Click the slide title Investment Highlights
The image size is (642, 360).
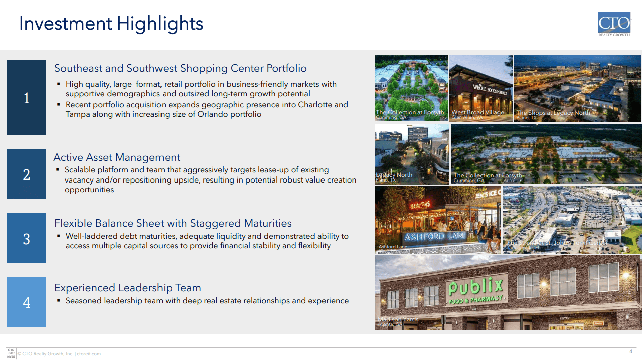111,24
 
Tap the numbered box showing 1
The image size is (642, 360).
26,98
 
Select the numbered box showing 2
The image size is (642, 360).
26,174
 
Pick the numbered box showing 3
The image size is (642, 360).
26,238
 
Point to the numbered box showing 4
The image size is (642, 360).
26,302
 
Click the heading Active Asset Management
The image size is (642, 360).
116,157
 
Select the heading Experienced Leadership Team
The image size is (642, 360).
127,288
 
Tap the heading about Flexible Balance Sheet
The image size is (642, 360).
173,223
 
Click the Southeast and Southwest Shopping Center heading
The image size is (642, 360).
180,68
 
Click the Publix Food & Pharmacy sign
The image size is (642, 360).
474,291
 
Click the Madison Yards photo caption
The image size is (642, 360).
397,319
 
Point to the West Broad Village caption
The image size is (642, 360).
477,112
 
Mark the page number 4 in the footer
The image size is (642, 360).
631,351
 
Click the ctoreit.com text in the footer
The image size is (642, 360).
89,354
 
